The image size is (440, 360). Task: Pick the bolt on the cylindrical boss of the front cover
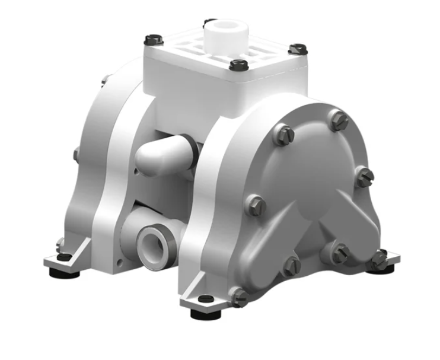coord(339,254)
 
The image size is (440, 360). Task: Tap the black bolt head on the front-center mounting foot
coord(205,298)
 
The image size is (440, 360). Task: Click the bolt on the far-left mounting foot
coord(61,244)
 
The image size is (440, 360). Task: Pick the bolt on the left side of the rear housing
coord(76,154)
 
